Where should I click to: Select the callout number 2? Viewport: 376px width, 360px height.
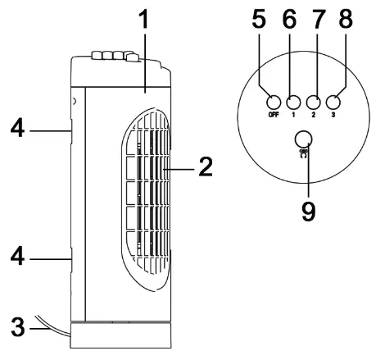pos(205,168)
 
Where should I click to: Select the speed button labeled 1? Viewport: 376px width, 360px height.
pos(292,103)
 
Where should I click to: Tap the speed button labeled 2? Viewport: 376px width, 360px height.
pos(313,103)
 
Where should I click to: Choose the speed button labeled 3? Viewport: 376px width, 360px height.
pos(333,103)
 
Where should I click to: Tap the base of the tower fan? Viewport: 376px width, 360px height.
pos(121,336)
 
